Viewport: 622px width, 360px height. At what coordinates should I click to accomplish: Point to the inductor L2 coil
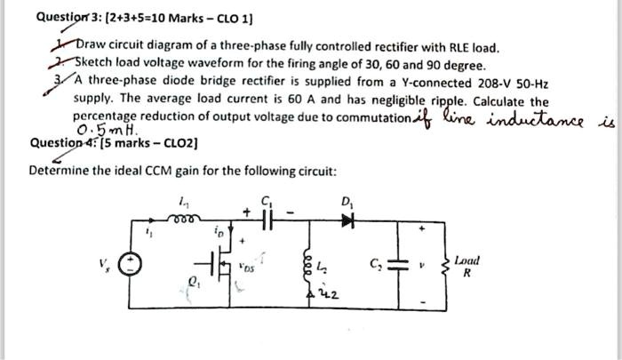(309, 260)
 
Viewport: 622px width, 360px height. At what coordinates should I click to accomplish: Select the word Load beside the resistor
(465, 260)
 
